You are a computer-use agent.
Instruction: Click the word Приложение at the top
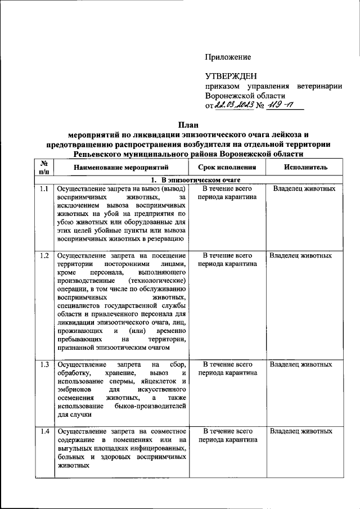pos(227,57)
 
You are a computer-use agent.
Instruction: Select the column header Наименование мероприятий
pos(122,168)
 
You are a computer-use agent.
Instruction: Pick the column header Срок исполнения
pos(227,168)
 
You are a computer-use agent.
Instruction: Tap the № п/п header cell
pos(43,168)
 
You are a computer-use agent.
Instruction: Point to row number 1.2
pos(43,255)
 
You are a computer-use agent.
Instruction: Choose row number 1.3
pos(43,364)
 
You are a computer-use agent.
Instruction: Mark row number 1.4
pos(43,431)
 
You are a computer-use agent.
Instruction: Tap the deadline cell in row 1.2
pos(227,259)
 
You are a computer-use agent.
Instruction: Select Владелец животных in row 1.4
pos(301,431)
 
